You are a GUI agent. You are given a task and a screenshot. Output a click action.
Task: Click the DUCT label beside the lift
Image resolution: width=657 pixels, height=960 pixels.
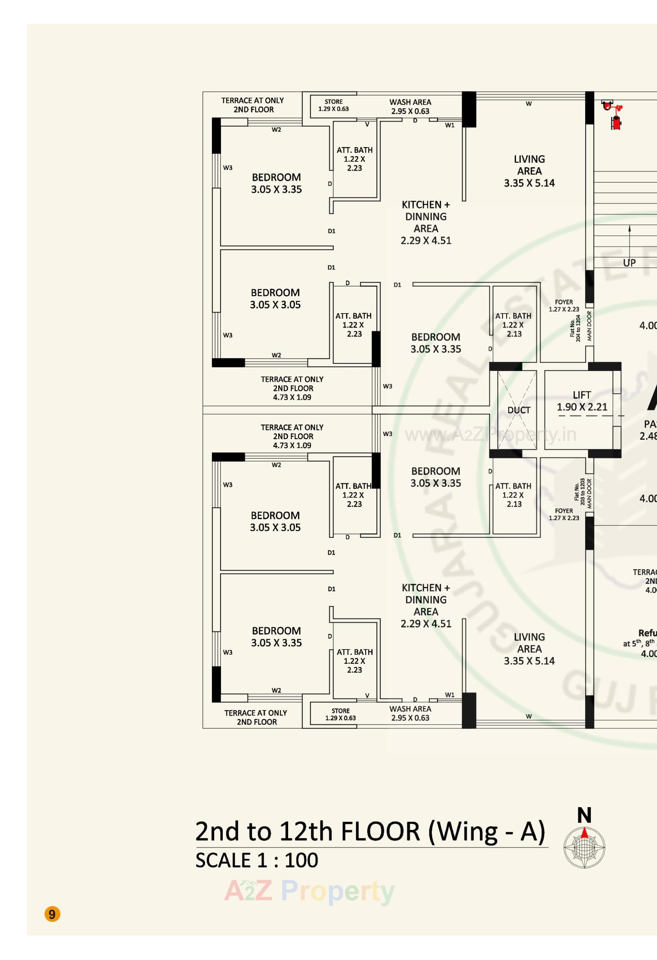point(518,410)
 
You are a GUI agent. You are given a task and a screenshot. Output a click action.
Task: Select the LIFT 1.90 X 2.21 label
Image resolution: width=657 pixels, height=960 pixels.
point(582,401)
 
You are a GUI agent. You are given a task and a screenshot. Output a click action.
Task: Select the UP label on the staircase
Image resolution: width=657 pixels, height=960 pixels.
point(629,263)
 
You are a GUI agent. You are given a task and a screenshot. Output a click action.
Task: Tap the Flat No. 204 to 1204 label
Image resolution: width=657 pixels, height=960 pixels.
point(575,328)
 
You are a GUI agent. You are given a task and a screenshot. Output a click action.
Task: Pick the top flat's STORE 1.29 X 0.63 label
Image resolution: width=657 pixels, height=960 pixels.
point(333,105)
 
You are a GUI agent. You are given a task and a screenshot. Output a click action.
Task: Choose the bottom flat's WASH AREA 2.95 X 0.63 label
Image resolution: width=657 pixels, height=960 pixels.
point(410,713)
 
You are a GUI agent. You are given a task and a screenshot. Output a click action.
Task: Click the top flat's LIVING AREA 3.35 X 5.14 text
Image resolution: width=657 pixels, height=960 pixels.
point(529,171)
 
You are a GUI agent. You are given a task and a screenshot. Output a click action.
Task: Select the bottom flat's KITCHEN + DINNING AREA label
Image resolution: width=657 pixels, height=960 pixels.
point(426,606)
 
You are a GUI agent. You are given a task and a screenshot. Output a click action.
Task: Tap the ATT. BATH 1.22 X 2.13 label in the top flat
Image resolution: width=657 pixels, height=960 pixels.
point(513,325)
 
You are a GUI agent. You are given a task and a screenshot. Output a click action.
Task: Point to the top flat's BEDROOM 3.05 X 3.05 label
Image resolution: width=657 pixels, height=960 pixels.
point(275,299)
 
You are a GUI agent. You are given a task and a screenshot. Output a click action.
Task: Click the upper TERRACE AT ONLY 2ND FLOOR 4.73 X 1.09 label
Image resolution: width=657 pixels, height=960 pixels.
point(292,388)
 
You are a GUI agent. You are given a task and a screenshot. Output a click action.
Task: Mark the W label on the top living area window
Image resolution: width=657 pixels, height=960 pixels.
point(528,104)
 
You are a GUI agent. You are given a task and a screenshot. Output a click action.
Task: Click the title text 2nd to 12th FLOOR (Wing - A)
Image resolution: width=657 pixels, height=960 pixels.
point(370,831)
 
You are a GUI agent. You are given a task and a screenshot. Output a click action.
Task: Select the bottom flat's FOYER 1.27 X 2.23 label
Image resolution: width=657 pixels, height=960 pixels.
point(564,514)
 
